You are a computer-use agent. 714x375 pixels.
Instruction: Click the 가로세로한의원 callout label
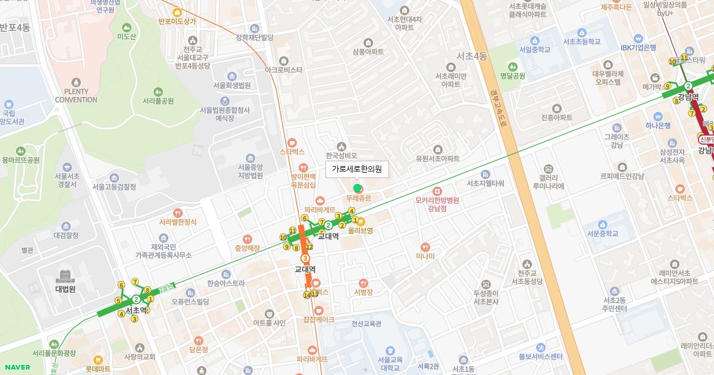coord(357,170)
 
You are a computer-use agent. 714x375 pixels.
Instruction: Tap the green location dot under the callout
coord(358,189)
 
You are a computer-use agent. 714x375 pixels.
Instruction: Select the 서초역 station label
coord(136,310)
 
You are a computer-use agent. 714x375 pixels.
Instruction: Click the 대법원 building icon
coord(65,276)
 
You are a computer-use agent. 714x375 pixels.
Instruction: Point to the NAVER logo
coord(16,367)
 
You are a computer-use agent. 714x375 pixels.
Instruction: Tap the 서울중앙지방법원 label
coord(250,171)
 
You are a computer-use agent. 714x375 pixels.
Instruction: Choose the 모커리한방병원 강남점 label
coord(437,204)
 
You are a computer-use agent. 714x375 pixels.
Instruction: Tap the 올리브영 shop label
coord(361,230)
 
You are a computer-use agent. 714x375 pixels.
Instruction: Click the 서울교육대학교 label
coord(390,364)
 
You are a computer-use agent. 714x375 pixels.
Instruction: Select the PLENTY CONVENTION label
coord(76,95)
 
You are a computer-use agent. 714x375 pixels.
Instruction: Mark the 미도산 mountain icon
coord(126,27)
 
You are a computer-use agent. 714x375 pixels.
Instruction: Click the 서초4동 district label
coord(471,57)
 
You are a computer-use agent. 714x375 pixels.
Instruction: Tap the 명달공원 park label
coord(512,76)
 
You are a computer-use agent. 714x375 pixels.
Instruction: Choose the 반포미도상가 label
coord(177,21)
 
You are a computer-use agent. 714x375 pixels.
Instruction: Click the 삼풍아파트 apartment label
coord(368,52)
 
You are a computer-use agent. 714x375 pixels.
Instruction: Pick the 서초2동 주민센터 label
coord(614,304)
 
